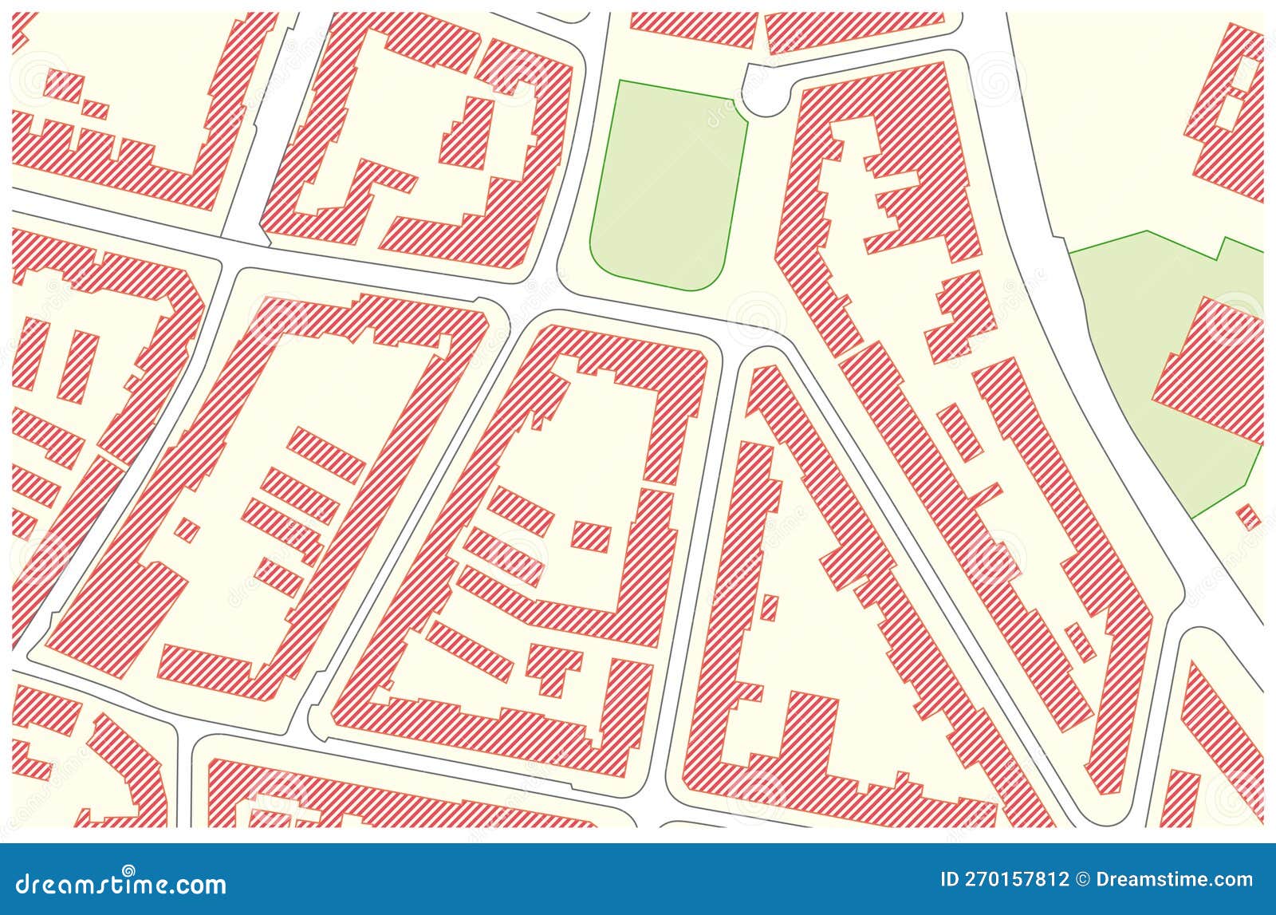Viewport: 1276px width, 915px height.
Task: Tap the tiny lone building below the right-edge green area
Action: pos(1249,516)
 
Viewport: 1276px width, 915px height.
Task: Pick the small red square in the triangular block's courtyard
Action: pos(769,607)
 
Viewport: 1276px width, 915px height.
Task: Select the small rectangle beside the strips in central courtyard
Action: pos(592,535)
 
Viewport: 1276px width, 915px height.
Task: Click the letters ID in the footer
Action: pos(949,880)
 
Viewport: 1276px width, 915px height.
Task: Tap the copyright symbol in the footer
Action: pos(1082,880)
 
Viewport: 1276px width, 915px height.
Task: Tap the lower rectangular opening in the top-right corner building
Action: pos(1231,112)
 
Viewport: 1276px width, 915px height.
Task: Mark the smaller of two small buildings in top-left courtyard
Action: pos(96,109)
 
